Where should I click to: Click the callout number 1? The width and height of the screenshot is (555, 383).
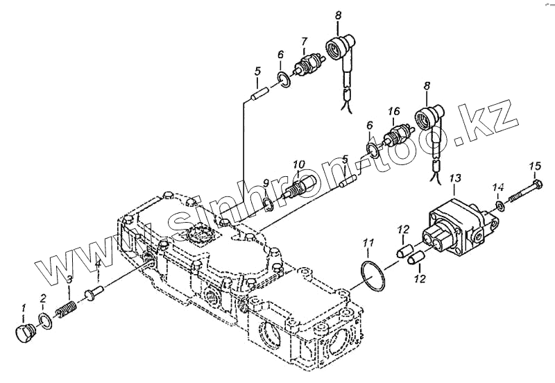click(23, 307)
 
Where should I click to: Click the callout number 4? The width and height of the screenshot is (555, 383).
click(98, 264)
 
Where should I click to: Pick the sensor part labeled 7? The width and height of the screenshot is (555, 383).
click(305, 69)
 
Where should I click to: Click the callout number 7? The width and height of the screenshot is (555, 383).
click(303, 41)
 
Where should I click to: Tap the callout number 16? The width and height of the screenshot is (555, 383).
click(393, 110)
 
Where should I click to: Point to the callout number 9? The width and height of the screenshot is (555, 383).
click(266, 182)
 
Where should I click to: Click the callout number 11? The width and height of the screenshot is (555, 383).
click(369, 242)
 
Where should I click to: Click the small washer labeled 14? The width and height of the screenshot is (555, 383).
click(499, 206)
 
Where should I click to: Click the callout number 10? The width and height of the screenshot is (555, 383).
click(298, 164)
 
